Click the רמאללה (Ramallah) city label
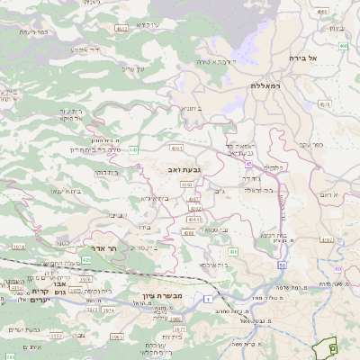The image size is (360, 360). point(268,85)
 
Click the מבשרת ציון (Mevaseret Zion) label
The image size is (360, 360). point(162,297)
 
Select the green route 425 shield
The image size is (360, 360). point(86,260)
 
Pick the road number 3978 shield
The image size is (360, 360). point(18,247)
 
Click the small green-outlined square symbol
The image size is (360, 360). point(331,347)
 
